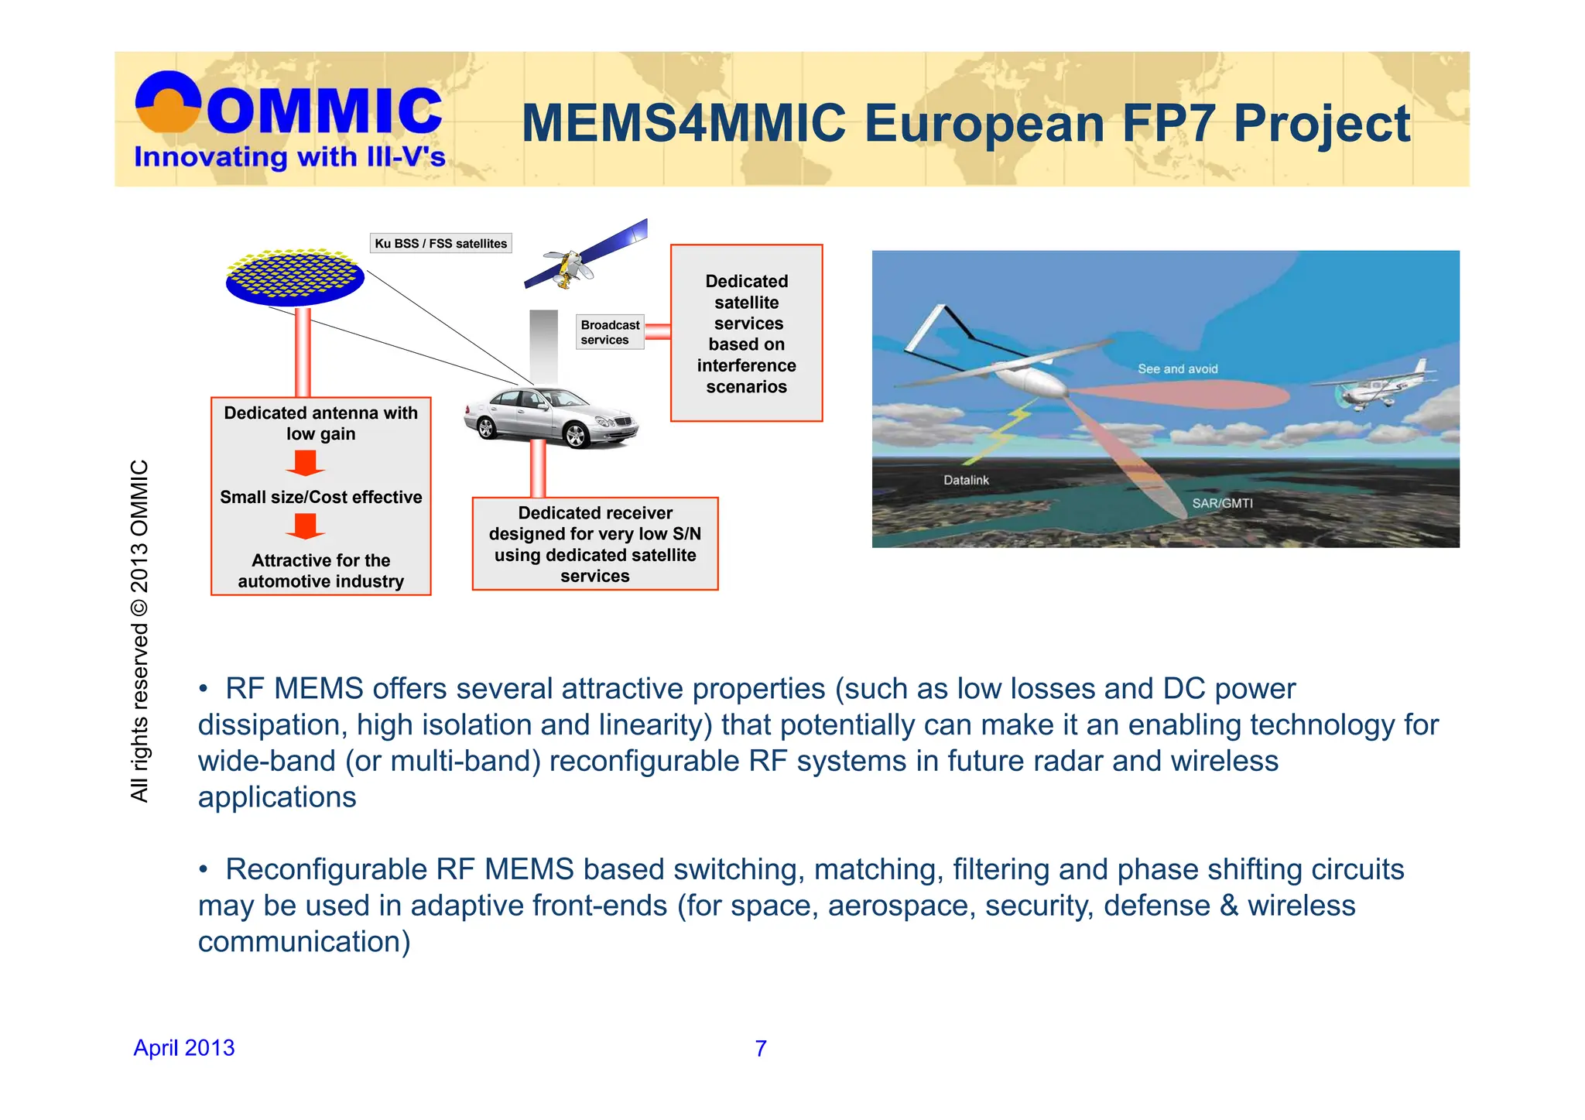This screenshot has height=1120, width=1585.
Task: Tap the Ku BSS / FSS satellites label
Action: pyautogui.click(x=440, y=243)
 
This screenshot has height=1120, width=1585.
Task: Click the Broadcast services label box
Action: pyautogui.click(x=610, y=332)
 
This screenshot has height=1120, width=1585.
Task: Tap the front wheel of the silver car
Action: pyautogui.click(x=576, y=435)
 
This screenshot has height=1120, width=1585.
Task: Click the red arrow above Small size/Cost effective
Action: pyautogui.click(x=305, y=463)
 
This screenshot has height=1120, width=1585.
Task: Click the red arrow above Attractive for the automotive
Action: pyautogui.click(x=305, y=526)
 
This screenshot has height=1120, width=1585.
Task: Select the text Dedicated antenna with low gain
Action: pyautogui.click(x=320, y=423)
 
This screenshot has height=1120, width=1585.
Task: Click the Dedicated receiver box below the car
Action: pyautogui.click(x=594, y=544)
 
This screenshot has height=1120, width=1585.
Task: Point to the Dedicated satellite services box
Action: pyautogui.click(x=746, y=334)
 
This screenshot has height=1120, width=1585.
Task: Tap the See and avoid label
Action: pyautogui.click(x=1177, y=369)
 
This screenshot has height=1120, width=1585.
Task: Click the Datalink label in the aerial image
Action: pyautogui.click(x=966, y=480)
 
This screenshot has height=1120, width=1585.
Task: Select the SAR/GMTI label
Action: pyautogui.click(x=1222, y=503)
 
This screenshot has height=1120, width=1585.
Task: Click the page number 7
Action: pyautogui.click(x=761, y=1048)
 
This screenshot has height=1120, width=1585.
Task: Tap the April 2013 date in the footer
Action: pyautogui.click(x=184, y=1047)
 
